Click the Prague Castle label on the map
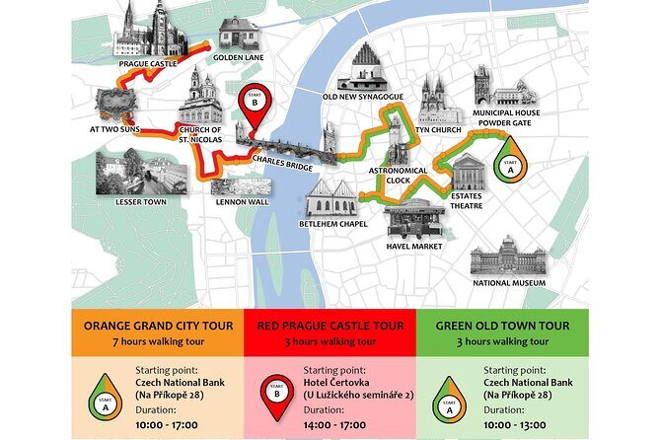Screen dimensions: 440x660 point(147,63)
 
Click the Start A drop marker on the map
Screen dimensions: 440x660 point(509,167)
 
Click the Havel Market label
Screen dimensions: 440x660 point(413,247)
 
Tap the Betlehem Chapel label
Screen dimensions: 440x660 point(333,224)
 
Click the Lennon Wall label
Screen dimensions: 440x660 point(241,202)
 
